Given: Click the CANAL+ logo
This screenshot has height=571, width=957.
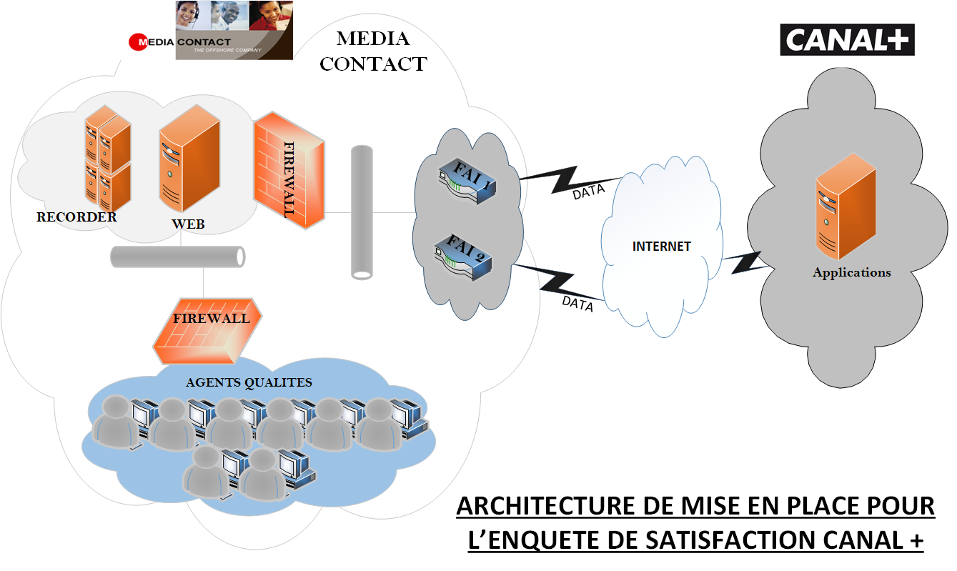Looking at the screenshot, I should [x=846, y=40].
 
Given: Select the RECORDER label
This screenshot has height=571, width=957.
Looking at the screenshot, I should [x=76, y=217].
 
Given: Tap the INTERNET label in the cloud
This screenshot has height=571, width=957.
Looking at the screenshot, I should [x=661, y=247].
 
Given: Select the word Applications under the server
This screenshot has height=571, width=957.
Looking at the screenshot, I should [x=851, y=272].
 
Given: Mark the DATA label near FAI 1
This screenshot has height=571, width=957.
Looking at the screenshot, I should [x=588, y=192].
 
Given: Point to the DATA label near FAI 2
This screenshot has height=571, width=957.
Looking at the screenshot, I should [x=577, y=303].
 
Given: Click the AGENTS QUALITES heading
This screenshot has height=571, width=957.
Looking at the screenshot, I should [x=249, y=382].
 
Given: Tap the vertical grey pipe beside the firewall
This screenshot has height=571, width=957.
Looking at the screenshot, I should [x=362, y=212].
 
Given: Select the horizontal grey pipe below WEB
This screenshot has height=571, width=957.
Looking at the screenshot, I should [x=178, y=257].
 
